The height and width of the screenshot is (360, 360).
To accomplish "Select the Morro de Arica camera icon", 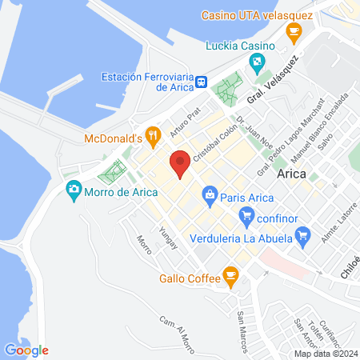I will tap(73, 190).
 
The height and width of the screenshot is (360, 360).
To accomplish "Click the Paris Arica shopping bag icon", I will tap(210, 194).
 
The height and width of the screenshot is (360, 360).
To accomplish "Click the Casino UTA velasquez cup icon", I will tap(294, 32).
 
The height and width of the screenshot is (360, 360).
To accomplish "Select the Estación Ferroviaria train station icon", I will tap(202, 82).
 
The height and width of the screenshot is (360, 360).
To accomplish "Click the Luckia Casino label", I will tap(238, 45).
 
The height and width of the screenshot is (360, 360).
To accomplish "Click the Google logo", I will tap(26, 350).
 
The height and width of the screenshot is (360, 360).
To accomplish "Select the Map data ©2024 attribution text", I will tap(326, 353).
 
